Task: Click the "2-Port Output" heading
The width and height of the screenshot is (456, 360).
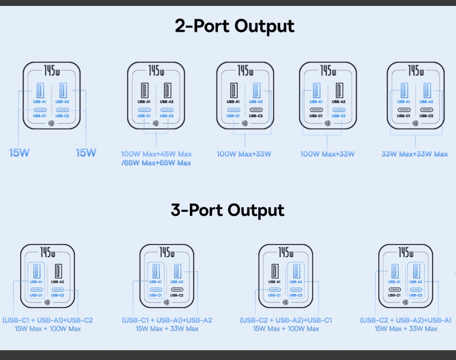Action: pos(234,26)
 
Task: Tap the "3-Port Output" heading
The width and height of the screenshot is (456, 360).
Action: pos(228,210)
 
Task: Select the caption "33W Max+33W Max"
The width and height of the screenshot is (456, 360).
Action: pos(415,154)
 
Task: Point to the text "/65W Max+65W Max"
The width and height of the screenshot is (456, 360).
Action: pos(156,163)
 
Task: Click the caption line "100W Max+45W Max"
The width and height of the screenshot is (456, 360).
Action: pos(156,154)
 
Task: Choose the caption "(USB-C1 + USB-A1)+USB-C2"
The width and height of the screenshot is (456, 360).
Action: pos(48,320)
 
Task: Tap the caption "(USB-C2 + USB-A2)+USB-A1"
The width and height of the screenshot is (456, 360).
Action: pos(406,320)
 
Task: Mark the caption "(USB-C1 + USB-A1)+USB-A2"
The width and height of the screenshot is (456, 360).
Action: pos(167,320)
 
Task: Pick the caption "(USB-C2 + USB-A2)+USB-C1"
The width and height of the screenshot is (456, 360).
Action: pos(286,320)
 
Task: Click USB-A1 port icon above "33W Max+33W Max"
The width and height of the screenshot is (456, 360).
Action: pos(404,90)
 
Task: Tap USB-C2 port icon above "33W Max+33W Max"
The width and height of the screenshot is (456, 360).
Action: pos(427,110)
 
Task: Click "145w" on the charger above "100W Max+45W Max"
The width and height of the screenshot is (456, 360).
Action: pos(156,70)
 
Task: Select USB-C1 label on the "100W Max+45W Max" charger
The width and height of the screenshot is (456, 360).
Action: pos(144,116)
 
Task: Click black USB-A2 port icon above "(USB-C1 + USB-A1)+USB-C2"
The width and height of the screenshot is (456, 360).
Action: pos(58,271)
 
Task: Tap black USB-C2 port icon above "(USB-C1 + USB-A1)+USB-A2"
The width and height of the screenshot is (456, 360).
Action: pos(177,289)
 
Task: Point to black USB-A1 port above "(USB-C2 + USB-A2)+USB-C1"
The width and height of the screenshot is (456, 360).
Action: pos(275,271)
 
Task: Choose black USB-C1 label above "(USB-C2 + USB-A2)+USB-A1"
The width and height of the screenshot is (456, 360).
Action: pos(394,295)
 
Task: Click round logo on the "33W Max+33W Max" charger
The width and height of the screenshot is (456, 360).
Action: pos(415,123)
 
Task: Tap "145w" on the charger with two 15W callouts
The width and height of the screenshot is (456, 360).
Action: pos(52,70)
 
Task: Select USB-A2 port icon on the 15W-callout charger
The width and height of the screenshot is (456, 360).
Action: pos(63,90)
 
